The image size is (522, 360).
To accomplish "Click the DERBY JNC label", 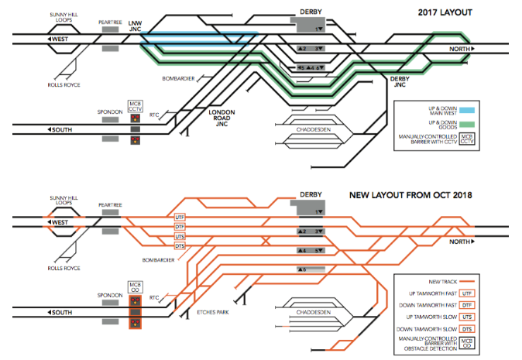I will click(x=399, y=83).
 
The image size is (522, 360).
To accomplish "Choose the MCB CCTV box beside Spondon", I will click(x=136, y=106).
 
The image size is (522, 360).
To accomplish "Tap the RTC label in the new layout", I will click(x=153, y=298).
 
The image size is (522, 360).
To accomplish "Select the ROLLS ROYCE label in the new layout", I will click(x=64, y=269).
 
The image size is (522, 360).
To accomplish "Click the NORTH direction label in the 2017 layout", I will click(x=460, y=50).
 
